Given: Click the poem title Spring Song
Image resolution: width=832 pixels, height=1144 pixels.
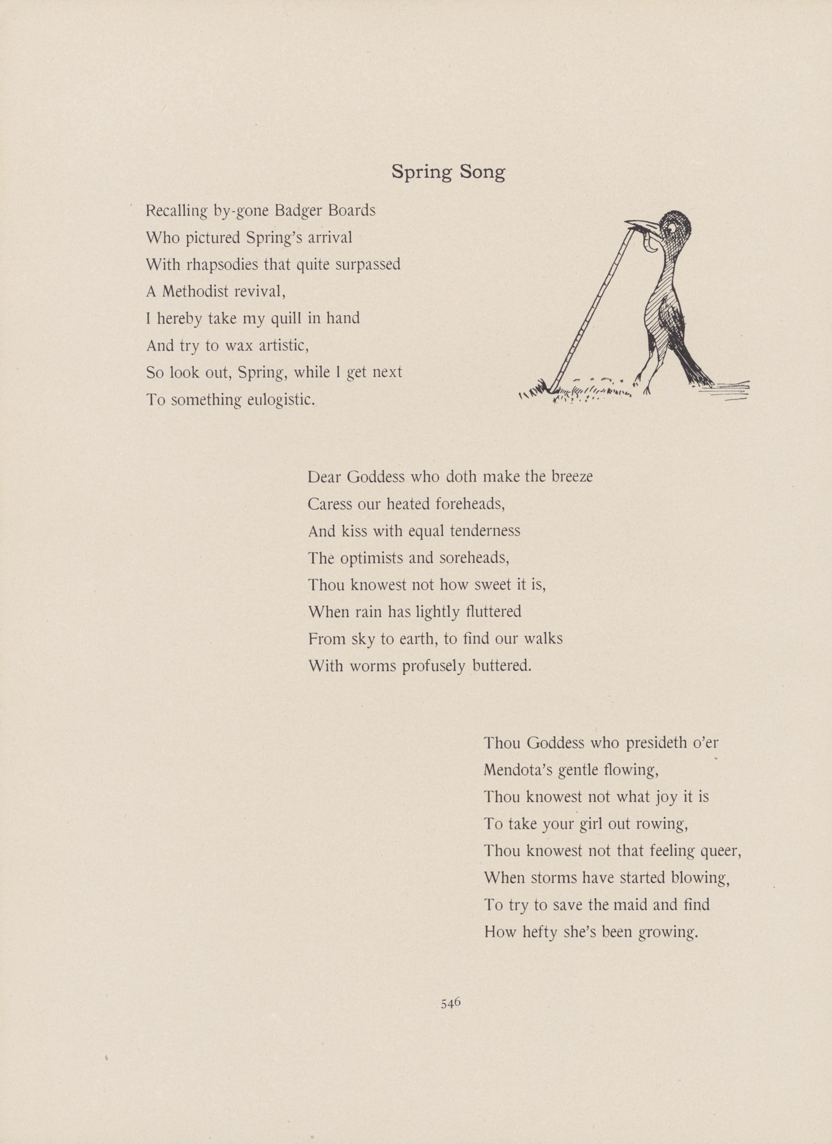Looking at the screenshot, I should coord(448,173).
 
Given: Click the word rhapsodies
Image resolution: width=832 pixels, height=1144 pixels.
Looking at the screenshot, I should coord(220,265).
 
